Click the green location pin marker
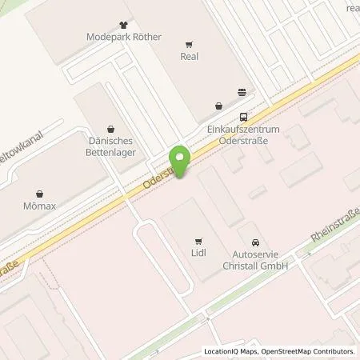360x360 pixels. (182, 162)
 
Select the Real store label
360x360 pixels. (189, 57)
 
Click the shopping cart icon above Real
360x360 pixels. (189, 45)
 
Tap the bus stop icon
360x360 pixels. (243, 114)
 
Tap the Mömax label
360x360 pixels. (41, 206)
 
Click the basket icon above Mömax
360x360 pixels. (41, 193)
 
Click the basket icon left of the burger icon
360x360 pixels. (218, 105)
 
